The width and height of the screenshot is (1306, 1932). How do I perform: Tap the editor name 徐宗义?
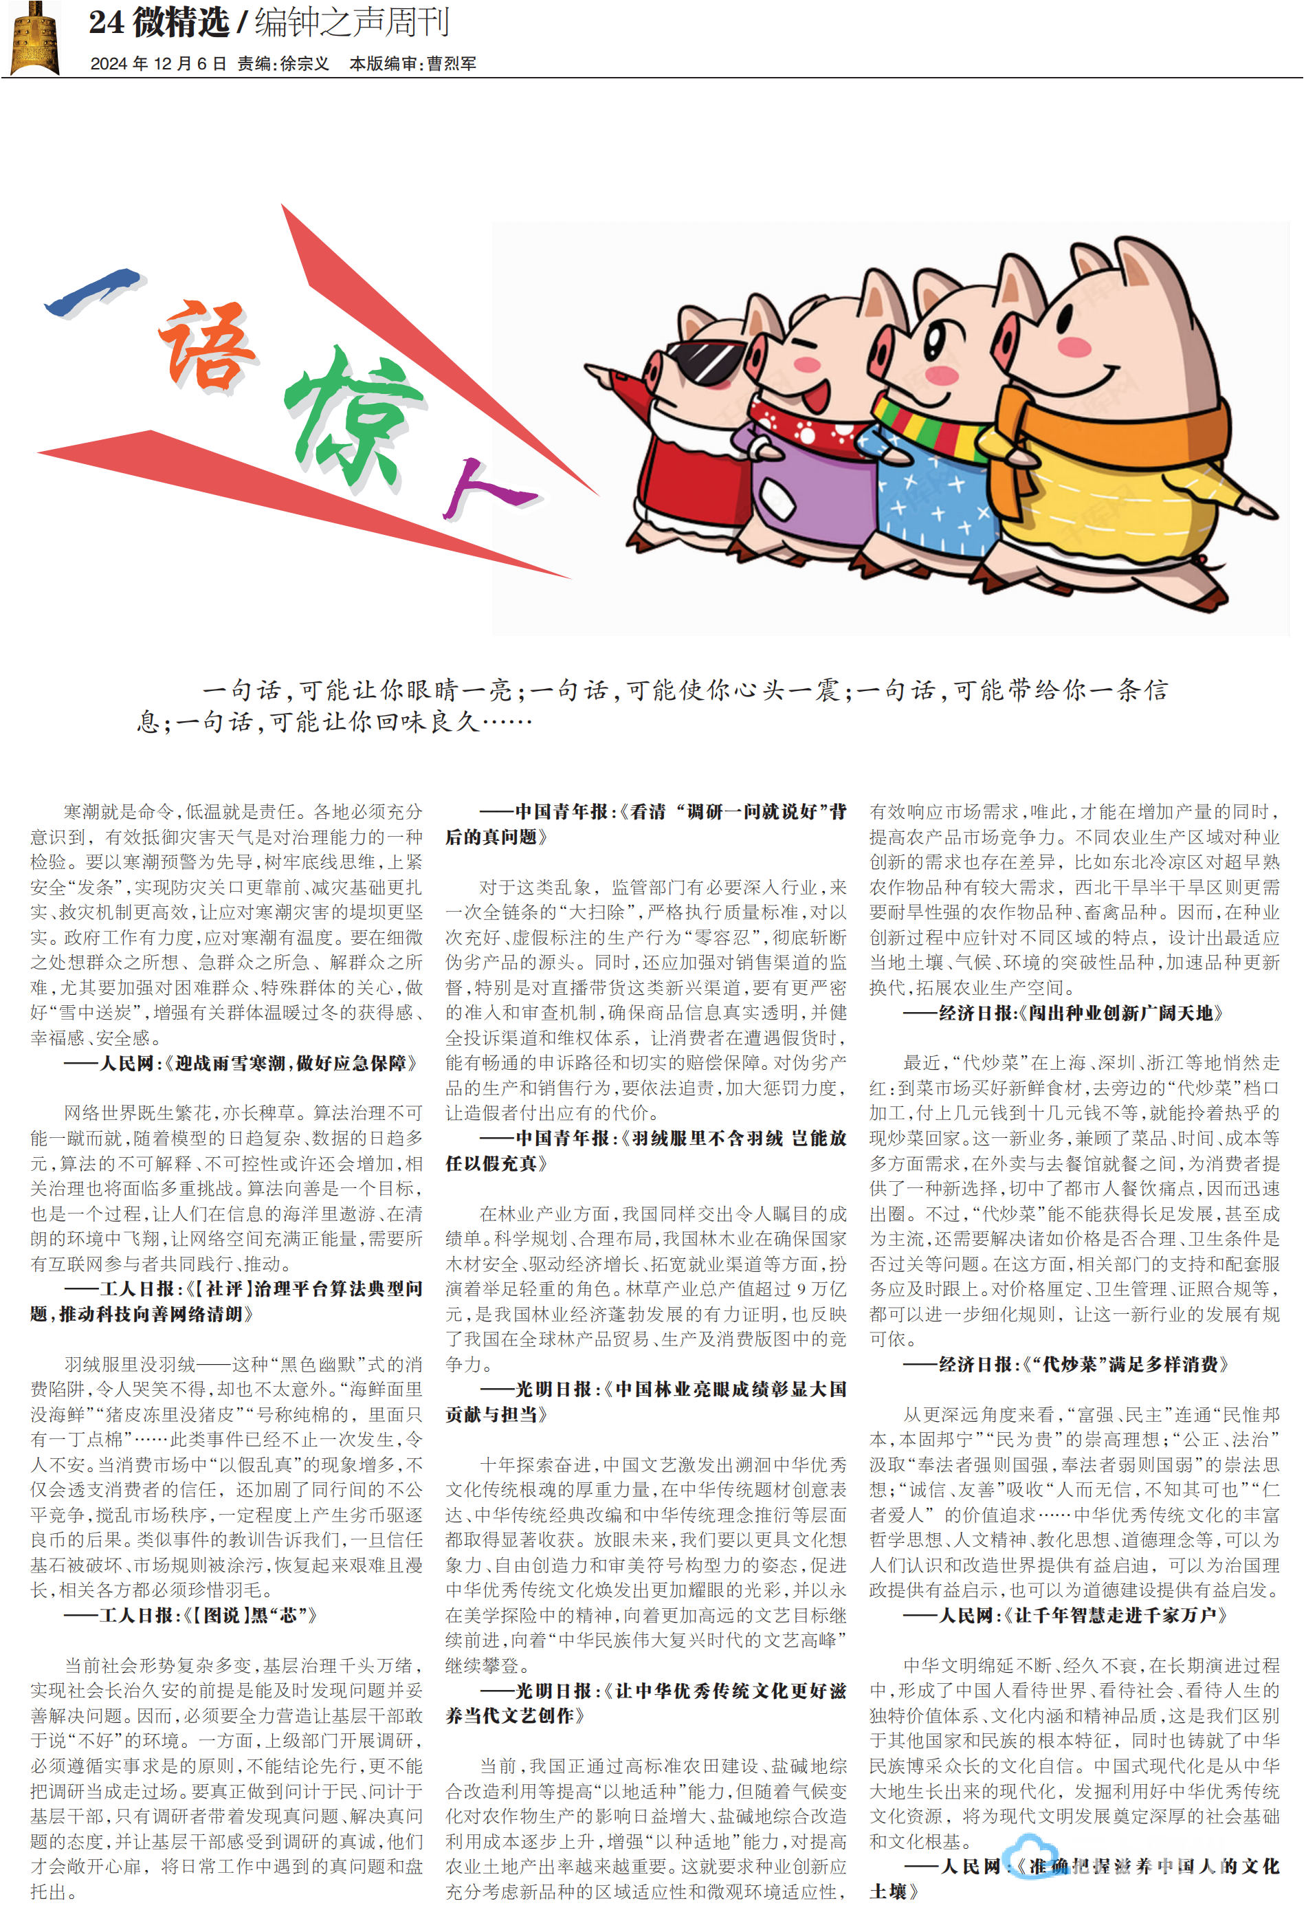305,64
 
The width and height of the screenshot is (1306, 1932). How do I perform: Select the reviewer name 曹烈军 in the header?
452,64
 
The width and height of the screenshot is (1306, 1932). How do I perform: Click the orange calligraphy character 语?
208,345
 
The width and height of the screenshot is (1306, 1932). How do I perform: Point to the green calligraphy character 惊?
353,416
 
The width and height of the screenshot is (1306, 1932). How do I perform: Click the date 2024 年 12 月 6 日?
158,64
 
